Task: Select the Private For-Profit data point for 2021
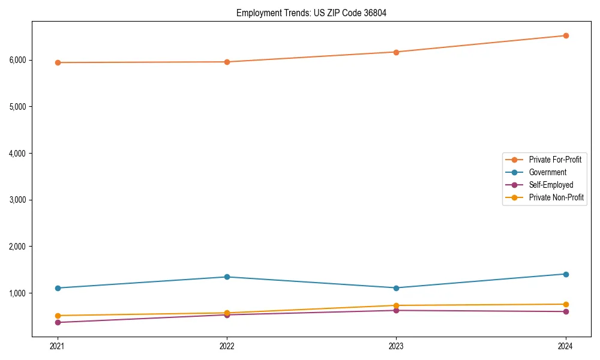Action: coord(58,62)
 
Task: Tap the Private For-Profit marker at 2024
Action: coord(566,35)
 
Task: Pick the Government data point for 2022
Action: coord(227,277)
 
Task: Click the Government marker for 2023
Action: coord(396,288)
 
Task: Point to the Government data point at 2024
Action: coord(566,274)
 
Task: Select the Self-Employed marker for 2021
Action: coord(58,322)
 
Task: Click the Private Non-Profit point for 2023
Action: coord(396,305)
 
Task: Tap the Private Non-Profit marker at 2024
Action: coord(566,304)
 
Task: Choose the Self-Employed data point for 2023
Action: coord(396,310)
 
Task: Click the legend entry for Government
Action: coord(547,172)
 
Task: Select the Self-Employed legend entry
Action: coord(551,185)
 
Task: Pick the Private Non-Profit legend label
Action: coord(556,197)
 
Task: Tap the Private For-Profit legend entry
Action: coord(555,160)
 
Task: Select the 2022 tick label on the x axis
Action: coord(227,346)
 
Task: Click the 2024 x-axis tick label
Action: coord(566,346)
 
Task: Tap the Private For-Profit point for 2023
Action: coord(396,52)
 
